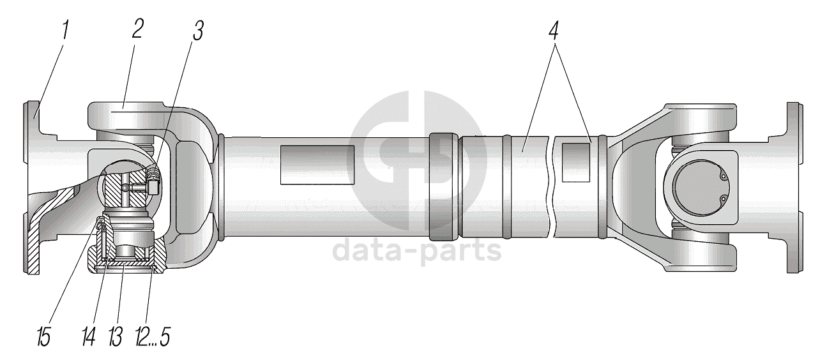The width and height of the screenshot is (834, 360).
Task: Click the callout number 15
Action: click(x=43, y=337)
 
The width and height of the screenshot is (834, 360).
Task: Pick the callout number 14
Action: click(x=89, y=337)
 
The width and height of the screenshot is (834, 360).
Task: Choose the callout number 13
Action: click(x=115, y=337)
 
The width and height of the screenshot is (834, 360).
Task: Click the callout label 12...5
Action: click(x=153, y=337)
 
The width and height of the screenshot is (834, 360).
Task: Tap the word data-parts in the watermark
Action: click(x=417, y=251)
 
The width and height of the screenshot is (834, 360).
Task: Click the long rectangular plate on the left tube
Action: click(x=317, y=165)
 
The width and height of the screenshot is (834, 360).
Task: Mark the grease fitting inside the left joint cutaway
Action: click(x=151, y=183)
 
